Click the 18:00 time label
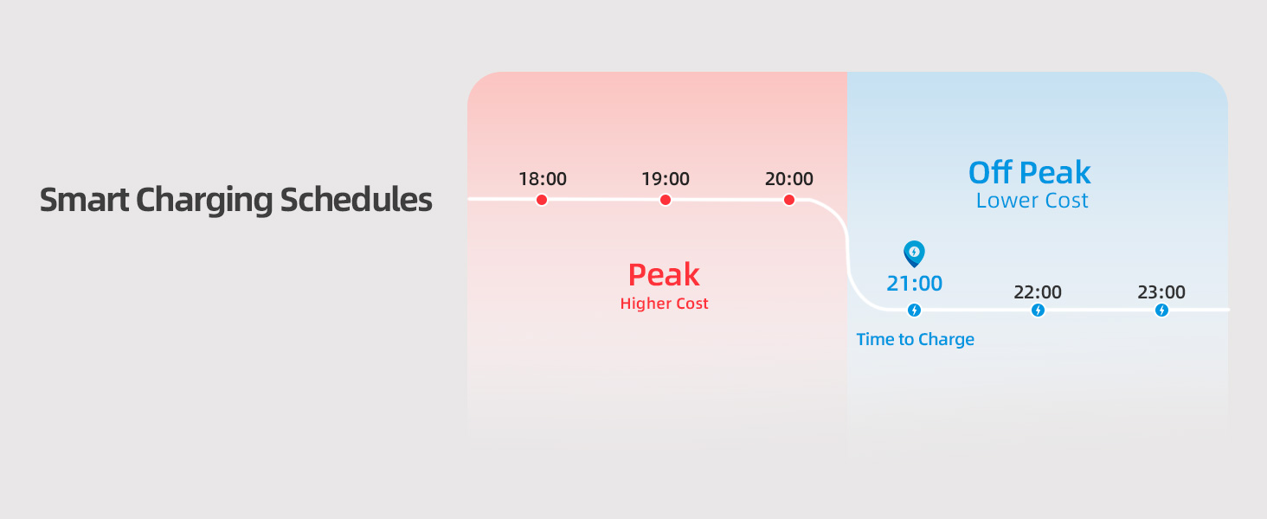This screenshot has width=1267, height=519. [543, 179]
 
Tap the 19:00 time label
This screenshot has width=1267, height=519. [666, 179]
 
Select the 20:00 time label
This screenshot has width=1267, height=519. [789, 179]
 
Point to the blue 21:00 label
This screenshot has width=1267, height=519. [914, 283]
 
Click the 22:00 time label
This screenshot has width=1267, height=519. [1038, 292]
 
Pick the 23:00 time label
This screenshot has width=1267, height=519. [1161, 292]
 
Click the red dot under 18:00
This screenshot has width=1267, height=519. [541, 200]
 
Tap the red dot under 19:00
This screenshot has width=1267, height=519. [666, 200]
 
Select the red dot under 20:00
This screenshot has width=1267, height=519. [789, 200]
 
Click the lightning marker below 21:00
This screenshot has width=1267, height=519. [914, 310]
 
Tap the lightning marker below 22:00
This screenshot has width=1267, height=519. [1038, 310]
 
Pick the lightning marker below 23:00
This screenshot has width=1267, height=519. [1161, 310]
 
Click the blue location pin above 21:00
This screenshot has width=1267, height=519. [914, 253]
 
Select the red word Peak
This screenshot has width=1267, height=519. [664, 275]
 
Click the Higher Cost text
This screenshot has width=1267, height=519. [664, 304]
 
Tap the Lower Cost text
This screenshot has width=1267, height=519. [1032, 201]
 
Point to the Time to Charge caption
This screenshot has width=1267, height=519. [915, 339]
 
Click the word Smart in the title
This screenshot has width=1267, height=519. [84, 200]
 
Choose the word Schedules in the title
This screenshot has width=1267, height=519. [356, 200]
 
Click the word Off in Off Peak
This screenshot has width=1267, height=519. [990, 172]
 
